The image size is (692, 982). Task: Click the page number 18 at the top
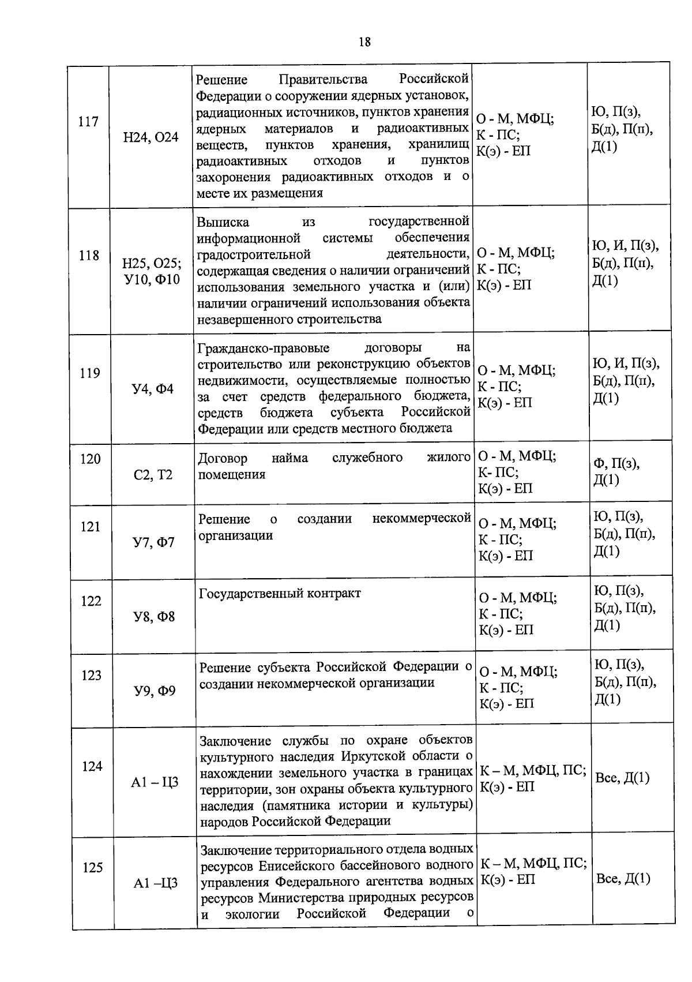coord(364,42)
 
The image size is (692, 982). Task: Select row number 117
coord(88,122)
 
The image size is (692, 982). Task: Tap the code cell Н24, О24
coord(151,137)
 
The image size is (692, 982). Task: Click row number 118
coord(89,255)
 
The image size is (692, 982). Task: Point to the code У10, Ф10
coord(152,280)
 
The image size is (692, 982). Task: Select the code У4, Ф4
coord(153,389)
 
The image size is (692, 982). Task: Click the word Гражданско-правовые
coord(264,348)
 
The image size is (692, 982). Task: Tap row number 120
coord(90,459)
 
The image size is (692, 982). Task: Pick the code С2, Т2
coord(153,475)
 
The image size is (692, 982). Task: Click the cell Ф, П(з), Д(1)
coord(616,471)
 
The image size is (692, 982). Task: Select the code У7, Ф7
coord(153,542)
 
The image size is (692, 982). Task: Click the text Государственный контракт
coord(280,593)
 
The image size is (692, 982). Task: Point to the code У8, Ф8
coord(154,617)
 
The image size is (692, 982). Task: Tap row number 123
coord(91,675)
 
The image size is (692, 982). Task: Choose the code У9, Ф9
coord(155,691)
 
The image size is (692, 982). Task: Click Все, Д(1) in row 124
coord(622,778)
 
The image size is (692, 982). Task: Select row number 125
coord(92,867)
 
